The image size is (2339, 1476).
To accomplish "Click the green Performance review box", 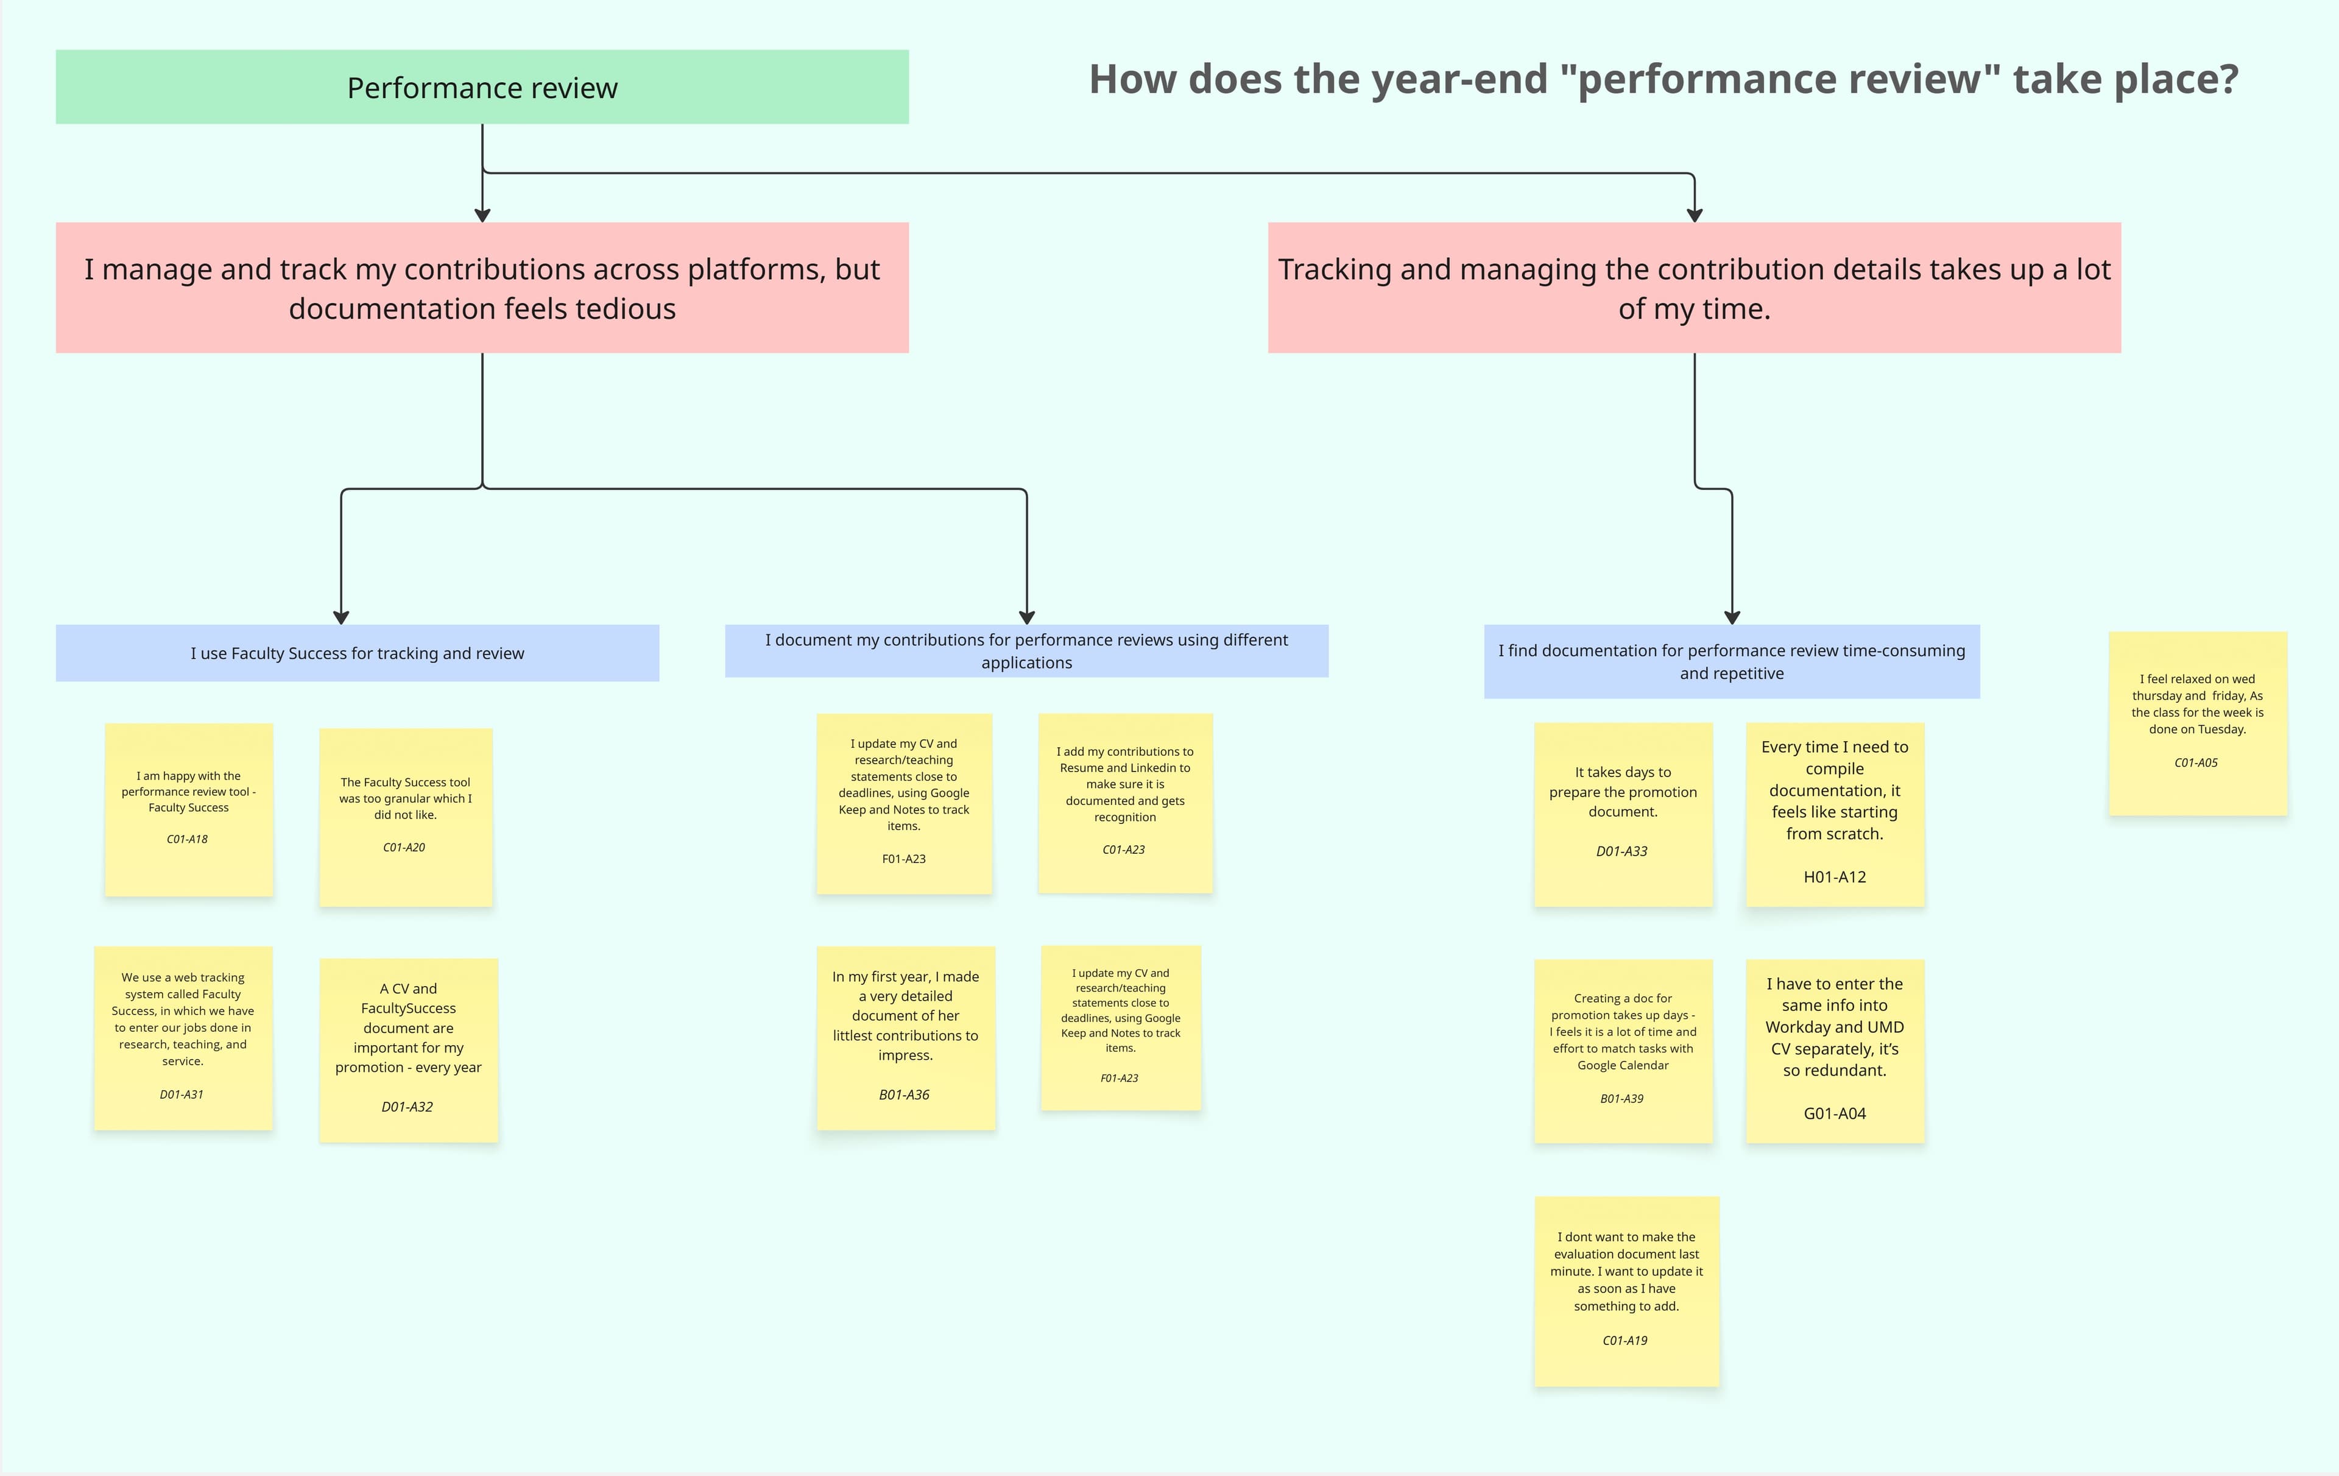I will (x=482, y=88).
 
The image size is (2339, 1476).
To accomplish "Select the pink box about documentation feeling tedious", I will (x=482, y=288).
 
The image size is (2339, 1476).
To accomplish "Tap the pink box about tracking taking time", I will (x=1694, y=288).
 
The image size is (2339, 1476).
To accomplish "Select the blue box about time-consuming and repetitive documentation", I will (x=1731, y=662).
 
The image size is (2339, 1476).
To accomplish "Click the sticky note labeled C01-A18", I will (x=188, y=809).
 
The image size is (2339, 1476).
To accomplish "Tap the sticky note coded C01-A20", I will (x=406, y=817).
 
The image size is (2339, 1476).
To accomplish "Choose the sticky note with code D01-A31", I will (x=183, y=1038).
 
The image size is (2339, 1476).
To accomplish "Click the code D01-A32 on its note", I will (x=407, y=1107).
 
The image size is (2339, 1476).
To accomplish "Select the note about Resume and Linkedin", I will (x=1125, y=803).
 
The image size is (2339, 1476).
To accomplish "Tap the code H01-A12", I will (x=1834, y=876).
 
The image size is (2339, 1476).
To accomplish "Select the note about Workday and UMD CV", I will (x=1834, y=1051).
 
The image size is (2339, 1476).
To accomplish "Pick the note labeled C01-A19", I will (x=1626, y=1290).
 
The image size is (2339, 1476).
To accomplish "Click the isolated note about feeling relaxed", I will (x=2197, y=723).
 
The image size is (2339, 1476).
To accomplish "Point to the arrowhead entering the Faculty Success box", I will (x=341, y=617).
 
